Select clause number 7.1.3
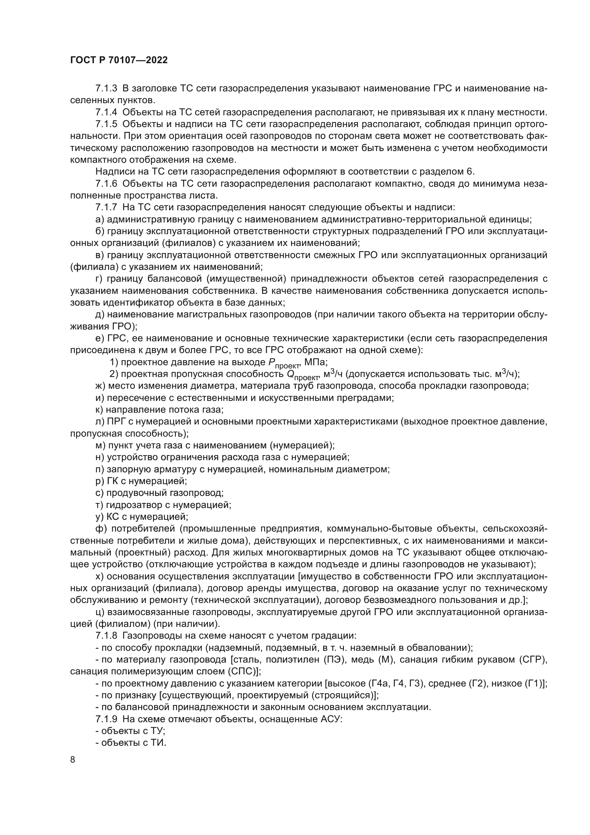tap(106, 89)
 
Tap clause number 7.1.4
tap(106, 112)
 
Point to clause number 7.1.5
tap(106, 124)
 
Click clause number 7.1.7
tap(106, 208)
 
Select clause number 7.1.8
tap(106, 636)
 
